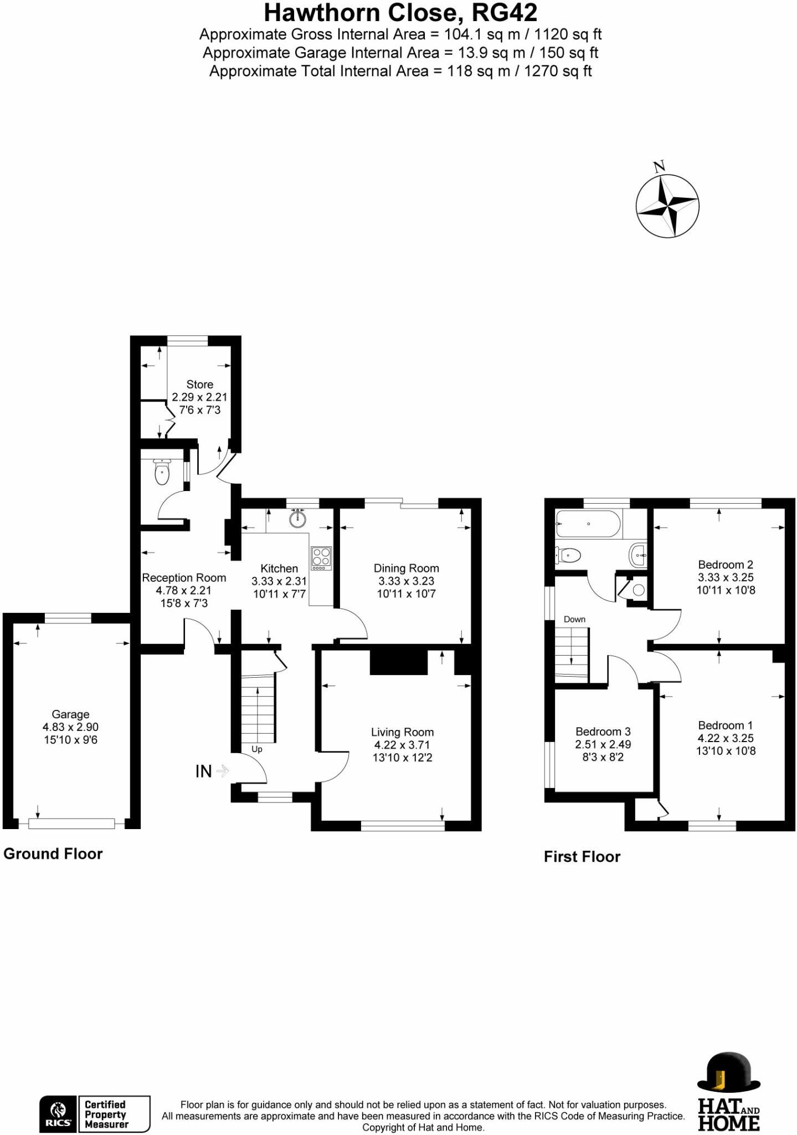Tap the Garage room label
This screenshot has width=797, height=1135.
(70, 714)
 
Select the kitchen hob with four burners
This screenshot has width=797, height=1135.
(321, 558)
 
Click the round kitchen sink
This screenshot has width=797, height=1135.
(298, 518)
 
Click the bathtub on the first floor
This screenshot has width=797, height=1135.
(588, 524)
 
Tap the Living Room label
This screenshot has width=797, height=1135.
(402, 732)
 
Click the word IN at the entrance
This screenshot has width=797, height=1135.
(203, 771)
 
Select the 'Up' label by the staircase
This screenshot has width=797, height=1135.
(257, 749)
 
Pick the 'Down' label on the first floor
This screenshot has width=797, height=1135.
(574, 619)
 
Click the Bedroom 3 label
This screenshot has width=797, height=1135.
(603, 732)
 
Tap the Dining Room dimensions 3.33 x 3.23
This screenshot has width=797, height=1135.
(406, 581)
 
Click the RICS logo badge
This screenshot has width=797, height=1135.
(58, 1114)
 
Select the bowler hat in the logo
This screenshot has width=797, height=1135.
(728, 1071)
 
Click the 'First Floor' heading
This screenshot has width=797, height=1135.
(582, 857)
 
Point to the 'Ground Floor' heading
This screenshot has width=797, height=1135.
(53, 853)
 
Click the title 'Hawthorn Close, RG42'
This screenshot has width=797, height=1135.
(400, 13)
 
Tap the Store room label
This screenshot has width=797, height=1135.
(199, 384)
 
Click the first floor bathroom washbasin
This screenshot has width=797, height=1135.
(639, 554)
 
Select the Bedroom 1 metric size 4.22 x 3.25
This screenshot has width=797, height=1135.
(726, 738)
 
